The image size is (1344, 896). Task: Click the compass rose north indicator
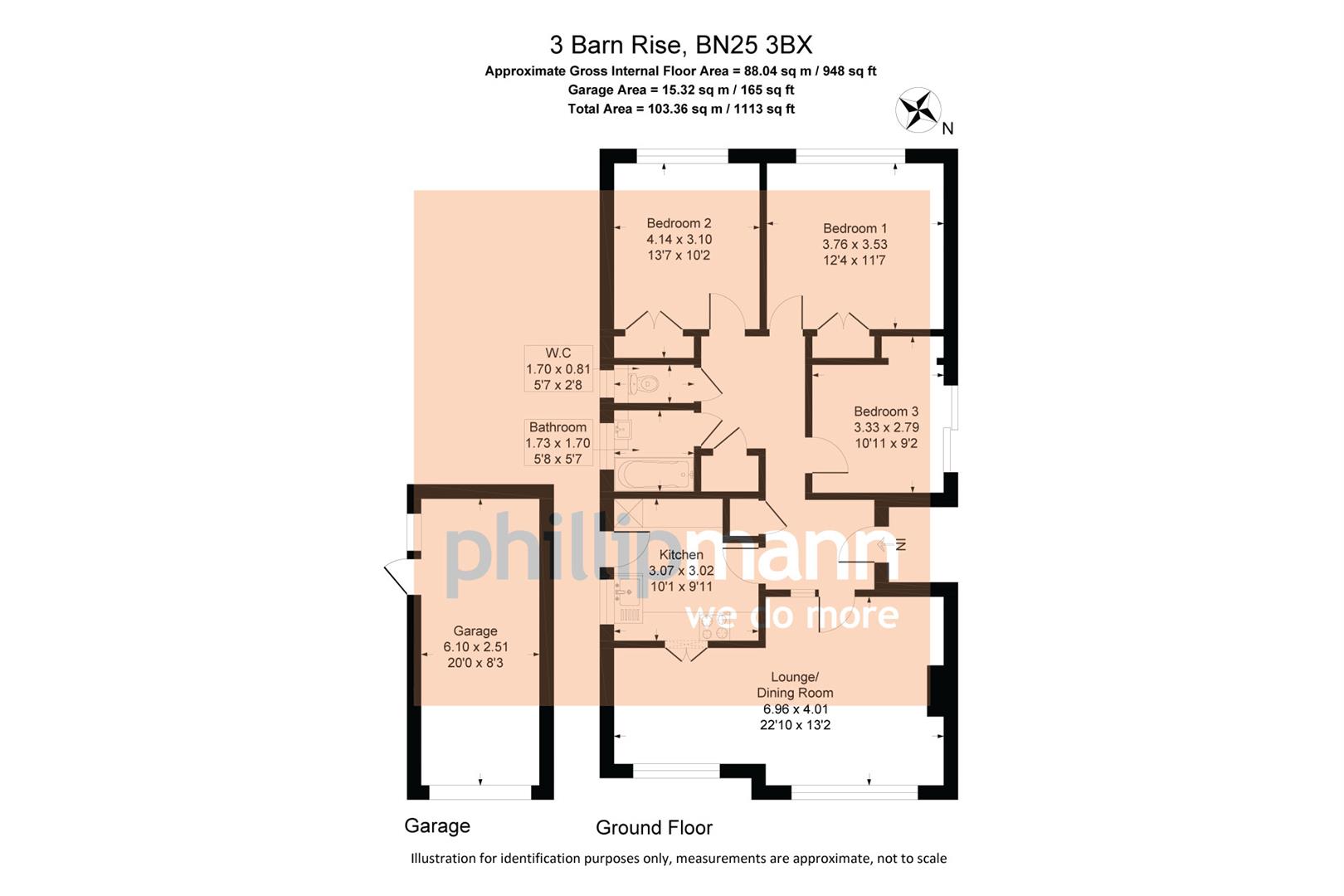[918, 110]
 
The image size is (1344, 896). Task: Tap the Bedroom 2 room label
[679, 223]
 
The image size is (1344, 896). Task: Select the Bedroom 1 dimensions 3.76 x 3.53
[855, 245]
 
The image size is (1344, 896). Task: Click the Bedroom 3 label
[886, 411]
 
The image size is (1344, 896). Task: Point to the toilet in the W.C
[644, 384]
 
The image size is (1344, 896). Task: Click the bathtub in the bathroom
[655, 476]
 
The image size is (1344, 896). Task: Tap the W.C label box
[558, 368]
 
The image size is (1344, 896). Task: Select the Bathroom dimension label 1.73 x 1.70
[558, 443]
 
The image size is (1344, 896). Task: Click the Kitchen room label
[681, 555]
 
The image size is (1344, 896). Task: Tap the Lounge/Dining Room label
[795, 684]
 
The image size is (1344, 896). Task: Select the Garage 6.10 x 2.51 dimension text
[475, 647]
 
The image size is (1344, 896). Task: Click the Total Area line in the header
[680, 109]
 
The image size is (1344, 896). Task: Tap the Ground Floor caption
[654, 827]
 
